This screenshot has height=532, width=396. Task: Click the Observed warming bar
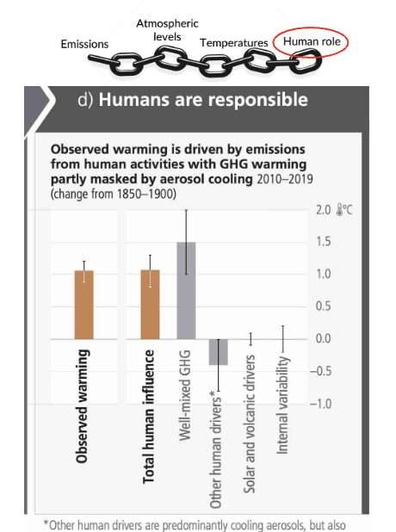(x=84, y=305)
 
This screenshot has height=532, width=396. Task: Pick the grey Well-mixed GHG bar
(x=186, y=290)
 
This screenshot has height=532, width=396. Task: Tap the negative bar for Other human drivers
(x=218, y=352)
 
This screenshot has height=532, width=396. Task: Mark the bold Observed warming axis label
(x=84, y=405)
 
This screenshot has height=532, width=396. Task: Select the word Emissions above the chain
(x=84, y=43)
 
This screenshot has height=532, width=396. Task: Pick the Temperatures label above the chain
(x=233, y=42)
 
